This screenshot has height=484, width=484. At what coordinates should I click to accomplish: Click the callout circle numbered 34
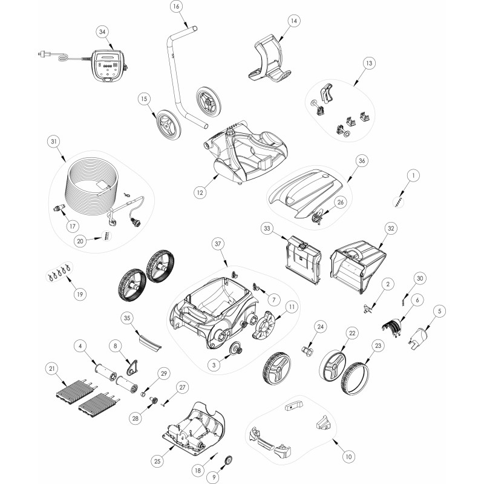click(102, 32)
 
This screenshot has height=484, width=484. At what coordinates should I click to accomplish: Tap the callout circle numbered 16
click(176, 7)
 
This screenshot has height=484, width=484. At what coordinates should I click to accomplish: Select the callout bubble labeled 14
click(294, 21)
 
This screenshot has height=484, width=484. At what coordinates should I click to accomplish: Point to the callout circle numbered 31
click(54, 142)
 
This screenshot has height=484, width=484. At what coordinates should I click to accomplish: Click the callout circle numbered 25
click(157, 461)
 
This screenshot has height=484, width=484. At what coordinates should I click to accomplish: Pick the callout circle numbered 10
click(348, 457)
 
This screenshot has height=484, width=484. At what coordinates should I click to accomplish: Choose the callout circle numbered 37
click(218, 244)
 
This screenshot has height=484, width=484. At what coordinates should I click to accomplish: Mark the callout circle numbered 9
click(214, 477)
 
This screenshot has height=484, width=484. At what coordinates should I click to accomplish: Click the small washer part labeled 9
click(228, 460)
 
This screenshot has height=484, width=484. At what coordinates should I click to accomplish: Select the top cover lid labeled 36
click(306, 194)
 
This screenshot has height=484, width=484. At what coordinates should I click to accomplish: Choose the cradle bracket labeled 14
click(269, 59)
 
